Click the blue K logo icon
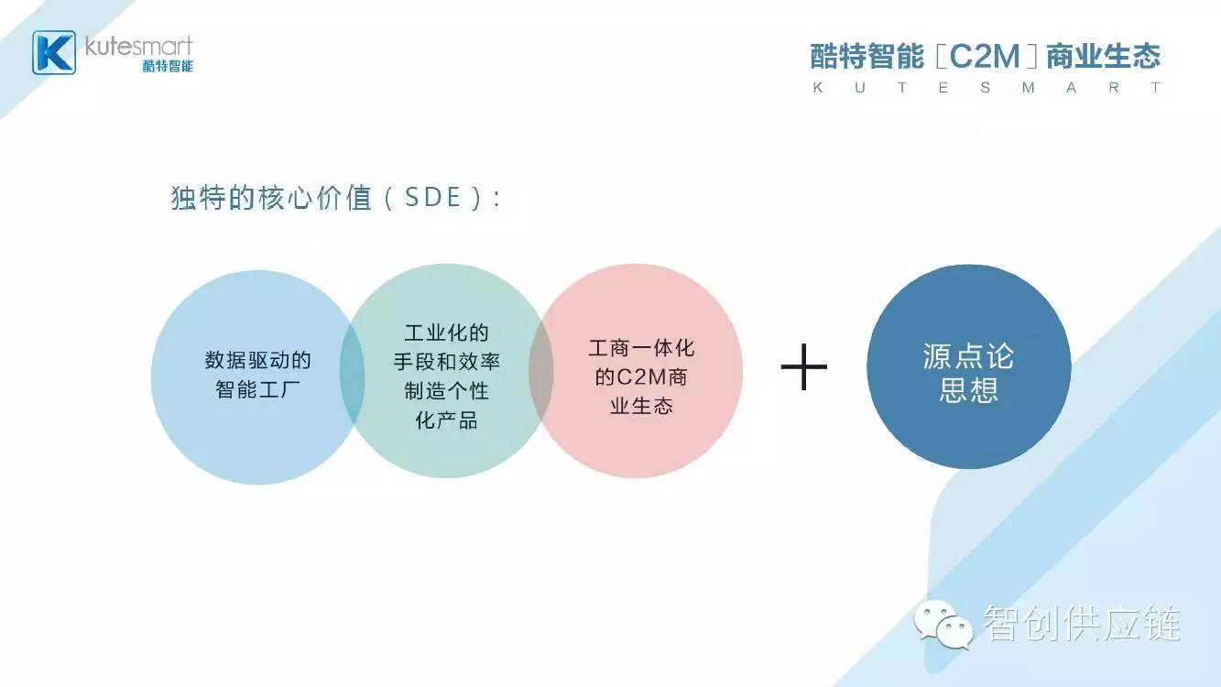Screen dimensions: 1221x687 coord(54,52)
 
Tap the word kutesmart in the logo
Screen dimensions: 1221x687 coord(139,47)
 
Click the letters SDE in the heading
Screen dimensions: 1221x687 coord(433,197)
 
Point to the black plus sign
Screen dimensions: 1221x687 coord(804,367)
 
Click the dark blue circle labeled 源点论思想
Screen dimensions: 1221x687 coord(968,366)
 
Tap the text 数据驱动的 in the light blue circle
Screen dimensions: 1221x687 coord(257,360)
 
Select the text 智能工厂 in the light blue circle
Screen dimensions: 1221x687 coord(257,390)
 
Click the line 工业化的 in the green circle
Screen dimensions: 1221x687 coord(446,333)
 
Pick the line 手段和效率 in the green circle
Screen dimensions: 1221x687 coord(446,362)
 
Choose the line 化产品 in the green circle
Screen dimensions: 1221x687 coord(446,420)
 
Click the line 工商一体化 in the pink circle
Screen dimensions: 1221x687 coord(641,348)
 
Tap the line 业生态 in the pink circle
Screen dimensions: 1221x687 coord(641,406)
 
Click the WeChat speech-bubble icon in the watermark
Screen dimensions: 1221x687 coord(943,625)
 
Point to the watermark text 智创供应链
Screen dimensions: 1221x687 coord(1082,623)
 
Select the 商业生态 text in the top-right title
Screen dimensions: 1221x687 coord(1103,56)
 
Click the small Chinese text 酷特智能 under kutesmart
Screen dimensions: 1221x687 coord(168,66)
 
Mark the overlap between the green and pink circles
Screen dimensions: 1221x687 coord(540,371)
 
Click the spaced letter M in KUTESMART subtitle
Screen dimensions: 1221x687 coord(1028,88)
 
